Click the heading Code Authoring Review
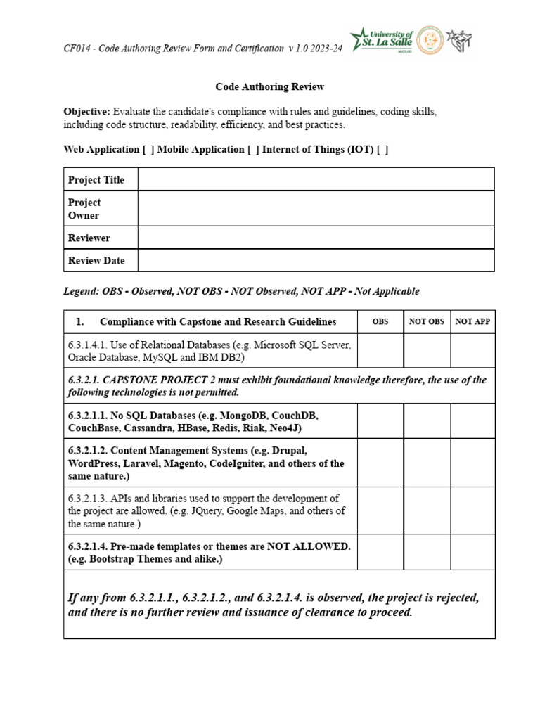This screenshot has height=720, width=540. [x=269, y=87]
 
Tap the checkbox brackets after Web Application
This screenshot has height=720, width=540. [x=148, y=150]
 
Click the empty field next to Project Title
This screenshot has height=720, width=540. [x=316, y=179]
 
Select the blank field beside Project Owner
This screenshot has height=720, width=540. [x=316, y=208]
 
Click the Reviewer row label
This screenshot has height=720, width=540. [x=89, y=238]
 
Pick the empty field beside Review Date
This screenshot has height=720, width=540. [x=316, y=260]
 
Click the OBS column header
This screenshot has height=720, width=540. [x=380, y=322]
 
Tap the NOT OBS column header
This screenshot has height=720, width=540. [x=427, y=322]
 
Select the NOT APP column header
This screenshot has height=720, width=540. [x=473, y=322]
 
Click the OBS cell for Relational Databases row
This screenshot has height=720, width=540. [x=380, y=351]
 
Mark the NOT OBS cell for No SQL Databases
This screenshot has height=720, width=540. [x=427, y=421]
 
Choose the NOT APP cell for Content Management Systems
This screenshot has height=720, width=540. [x=473, y=463]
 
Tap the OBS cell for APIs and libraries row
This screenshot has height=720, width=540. [x=380, y=510]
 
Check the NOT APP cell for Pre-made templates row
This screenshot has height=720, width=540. [x=473, y=552]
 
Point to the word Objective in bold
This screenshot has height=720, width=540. [x=86, y=112]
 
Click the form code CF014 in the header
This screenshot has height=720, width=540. [x=77, y=49]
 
